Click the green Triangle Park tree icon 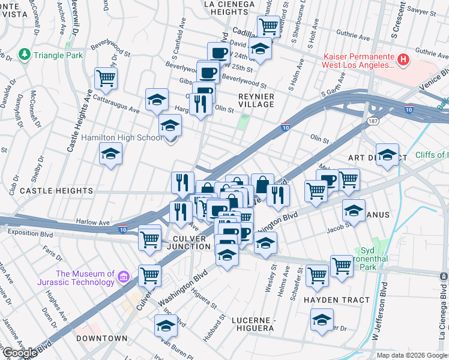tap(24, 55)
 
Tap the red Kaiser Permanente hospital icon tap(404, 60)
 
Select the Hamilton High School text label tap(121, 138)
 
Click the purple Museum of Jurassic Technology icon tap(124, 277)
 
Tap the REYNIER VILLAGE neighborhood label tap(256, 100)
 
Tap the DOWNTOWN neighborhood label tap(102, 338)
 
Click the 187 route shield tap(372, 121)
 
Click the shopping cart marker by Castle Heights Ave tap(106, 78)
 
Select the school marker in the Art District tap(387, 155)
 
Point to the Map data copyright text tap(412, 355)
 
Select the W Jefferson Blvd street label tap(379, 312)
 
